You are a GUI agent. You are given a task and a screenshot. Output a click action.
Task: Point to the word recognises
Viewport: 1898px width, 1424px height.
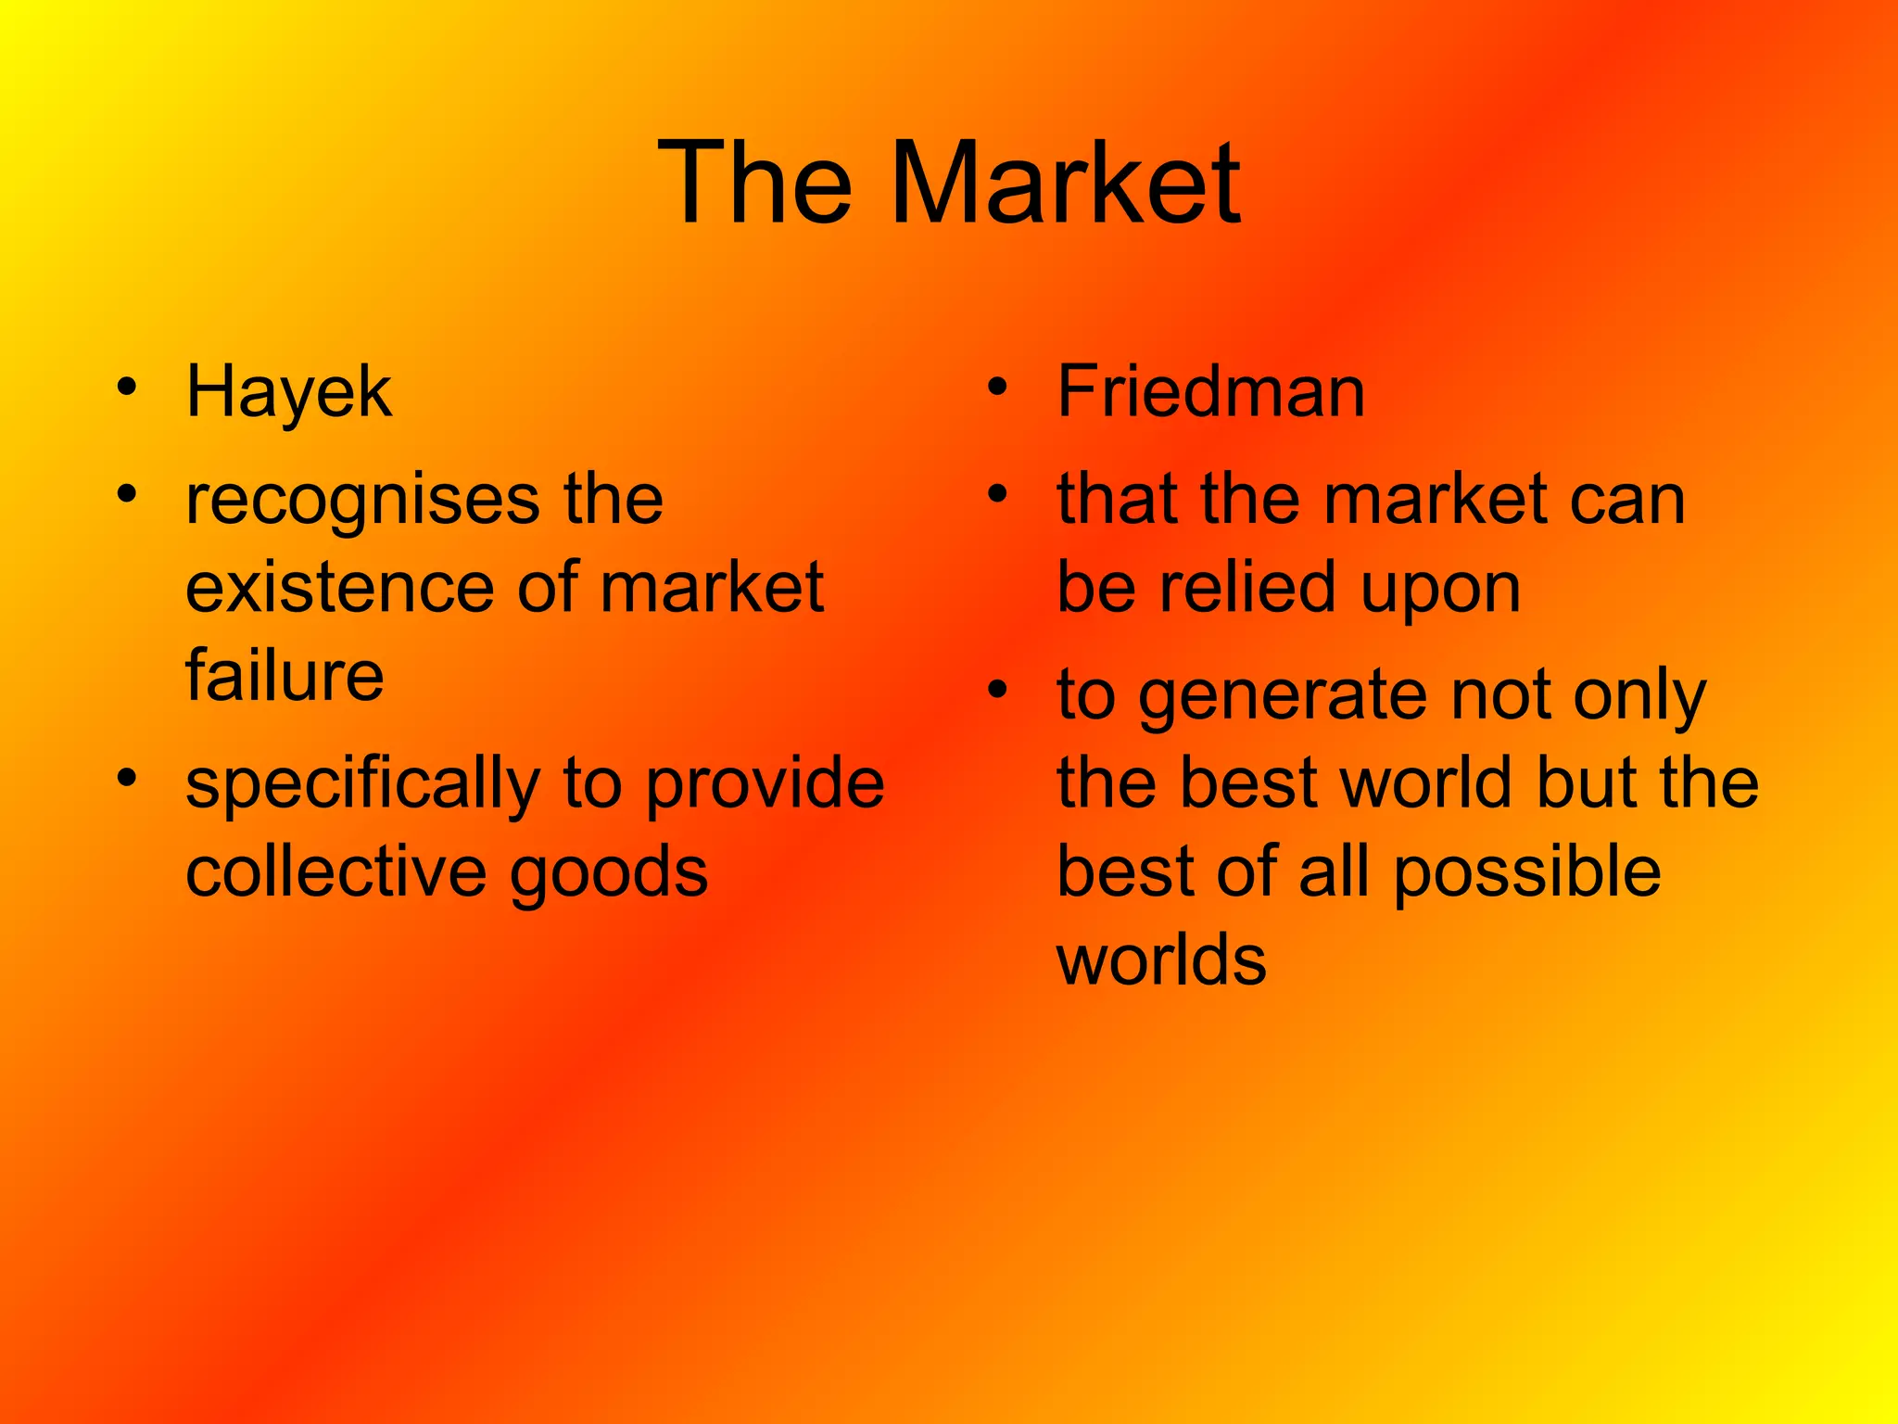pos(361,501)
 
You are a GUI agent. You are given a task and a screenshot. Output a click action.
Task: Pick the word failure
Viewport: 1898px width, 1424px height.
pos(285,675)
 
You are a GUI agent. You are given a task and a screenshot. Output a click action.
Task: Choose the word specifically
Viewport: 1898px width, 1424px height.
pos(362,784)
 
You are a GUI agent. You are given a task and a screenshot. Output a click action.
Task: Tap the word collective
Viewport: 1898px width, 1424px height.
pos(335,871)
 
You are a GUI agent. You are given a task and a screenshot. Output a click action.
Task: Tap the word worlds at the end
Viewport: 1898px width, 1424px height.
pos(1161,959)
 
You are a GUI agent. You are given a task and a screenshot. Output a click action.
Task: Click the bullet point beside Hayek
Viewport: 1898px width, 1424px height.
pos(128,387)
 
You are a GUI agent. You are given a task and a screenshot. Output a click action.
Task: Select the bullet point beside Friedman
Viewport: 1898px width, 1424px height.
pos(997,387)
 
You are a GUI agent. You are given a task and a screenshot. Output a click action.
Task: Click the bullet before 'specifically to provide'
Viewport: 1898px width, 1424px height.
pos(128,777)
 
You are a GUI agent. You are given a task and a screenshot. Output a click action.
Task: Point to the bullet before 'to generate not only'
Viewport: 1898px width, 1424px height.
pos(997,690)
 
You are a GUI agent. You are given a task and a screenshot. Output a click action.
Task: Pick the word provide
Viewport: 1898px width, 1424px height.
pos(765,784)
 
